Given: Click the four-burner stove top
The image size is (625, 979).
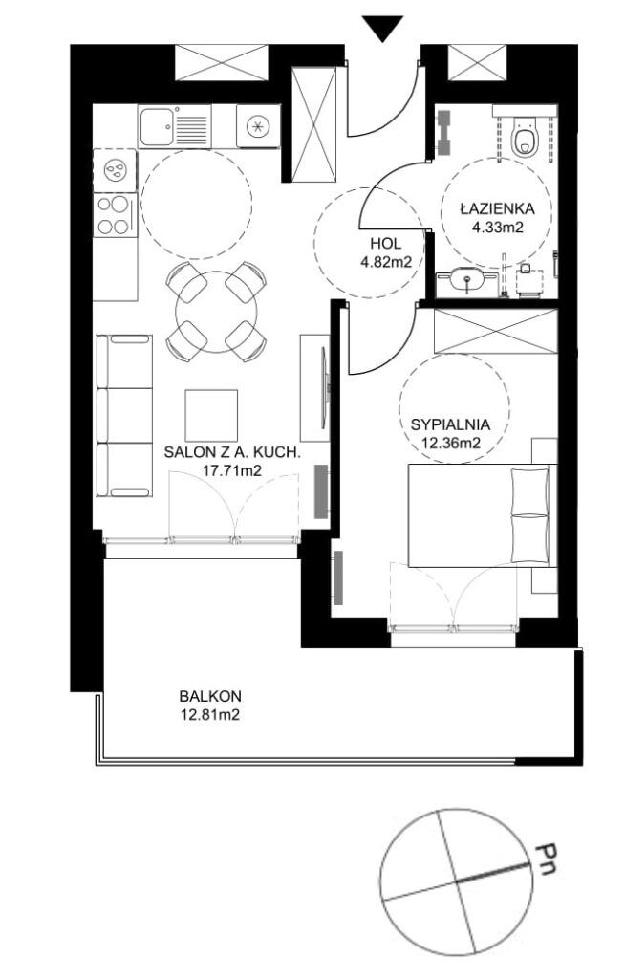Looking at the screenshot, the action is click(x=114, y=215).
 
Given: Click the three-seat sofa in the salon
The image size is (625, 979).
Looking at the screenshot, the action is click(x=124, y=415).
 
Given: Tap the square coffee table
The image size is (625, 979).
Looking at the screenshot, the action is click(x=211, y=416).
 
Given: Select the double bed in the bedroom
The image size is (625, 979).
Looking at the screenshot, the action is click(x=482, y=515).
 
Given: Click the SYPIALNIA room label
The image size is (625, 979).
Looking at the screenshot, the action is click(x=450, y=424).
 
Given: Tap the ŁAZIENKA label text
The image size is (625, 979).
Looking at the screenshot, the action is click(x=497, y=207).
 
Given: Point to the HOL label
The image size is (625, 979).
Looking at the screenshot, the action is click(x=385, y=244).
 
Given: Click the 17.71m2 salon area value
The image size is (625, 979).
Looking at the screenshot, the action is click(x=231, y=470).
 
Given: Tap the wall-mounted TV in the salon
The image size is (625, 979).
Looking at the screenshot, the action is click(x=324, y=388).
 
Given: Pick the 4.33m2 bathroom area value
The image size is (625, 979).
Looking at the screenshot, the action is click(x=497, y=228).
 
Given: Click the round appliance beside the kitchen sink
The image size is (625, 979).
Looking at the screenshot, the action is click(x=258, y=125).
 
